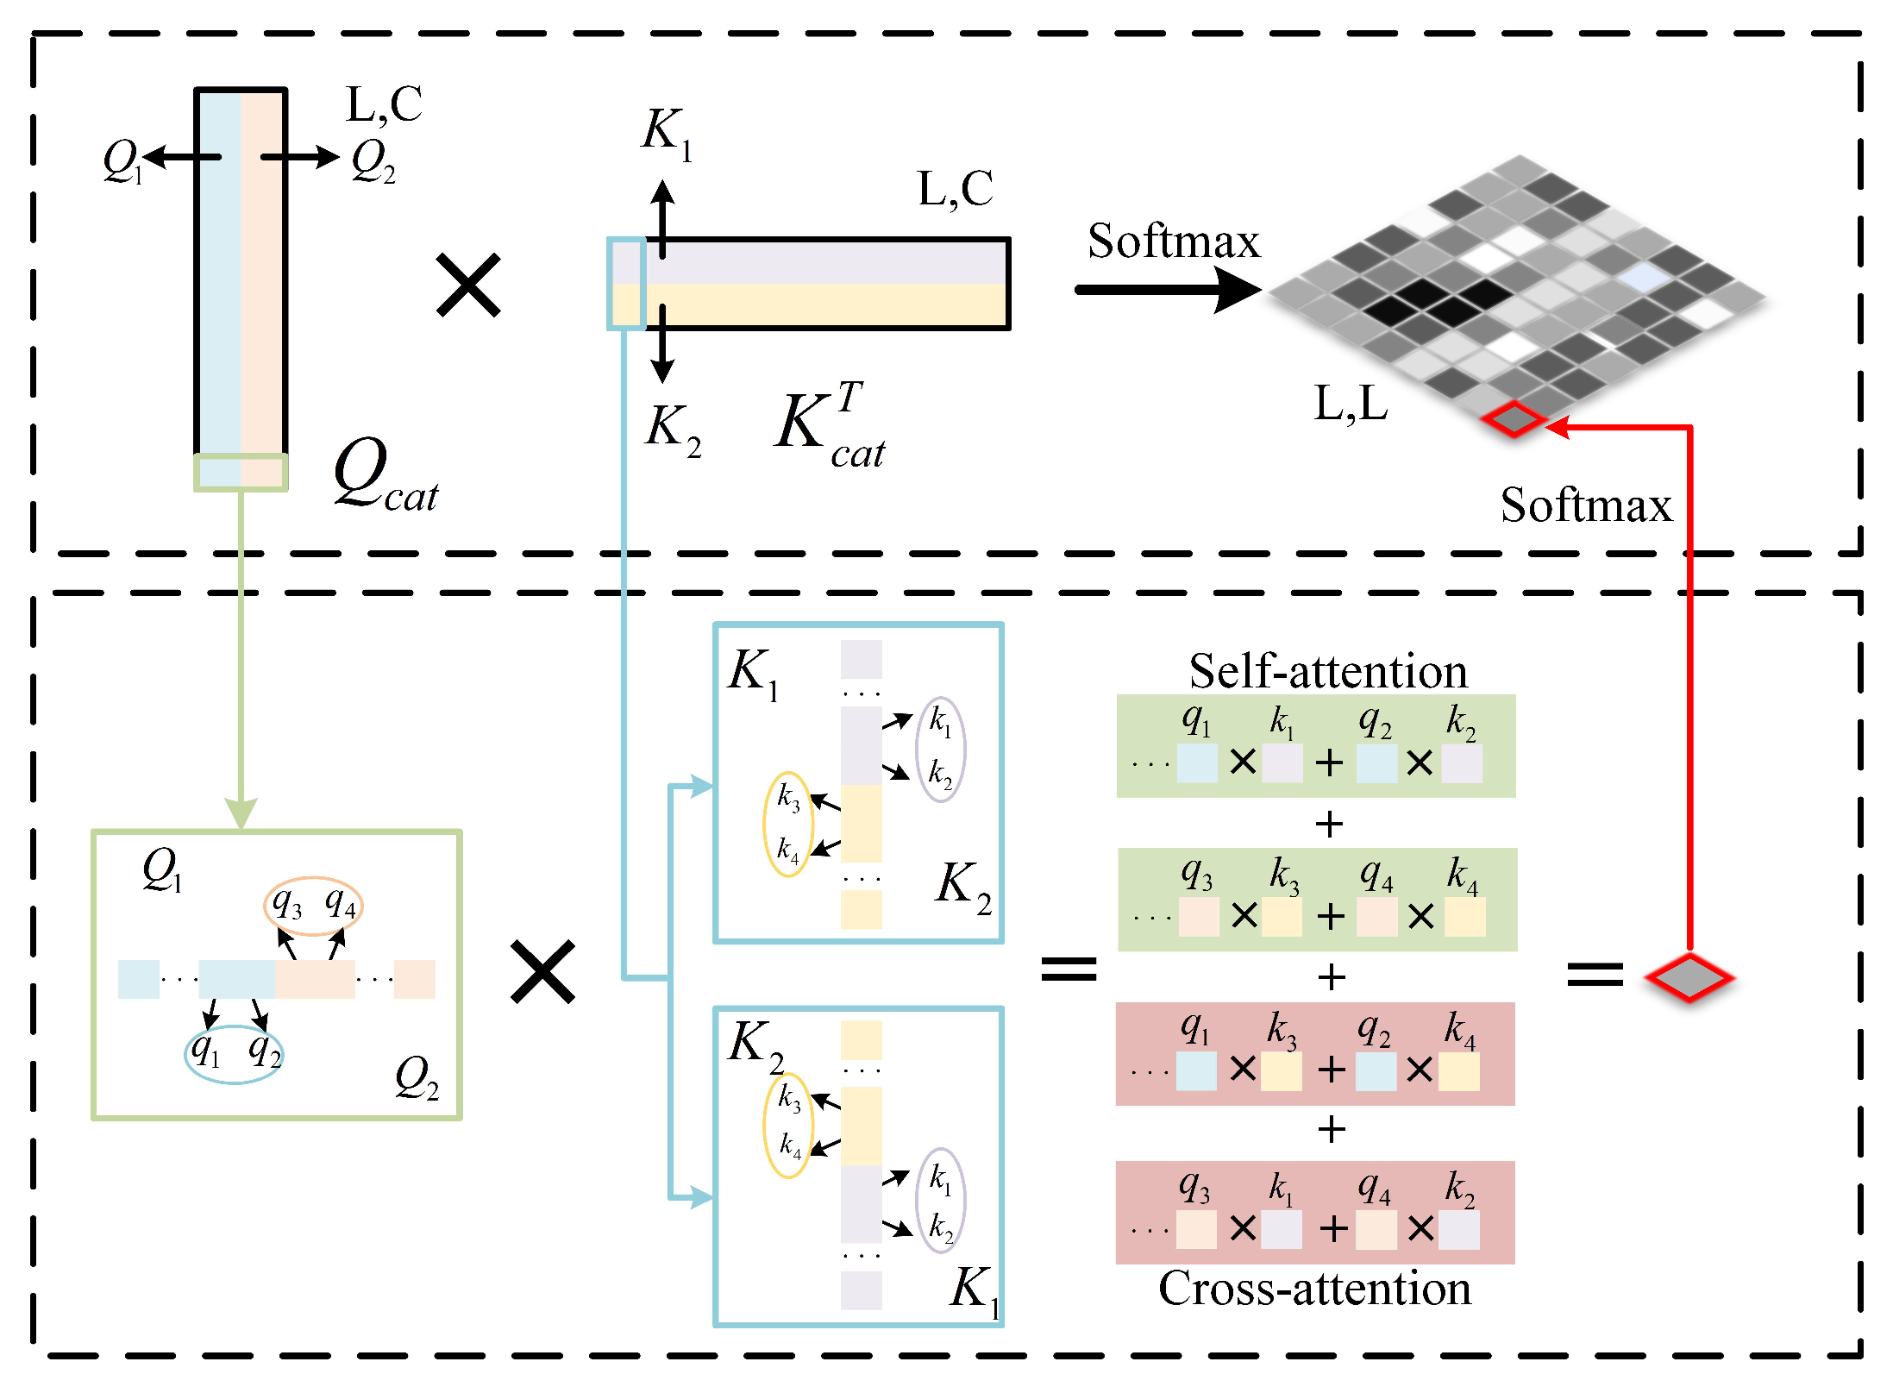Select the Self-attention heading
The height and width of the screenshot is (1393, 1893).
1327,671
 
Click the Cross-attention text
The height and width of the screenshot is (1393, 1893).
1314,1288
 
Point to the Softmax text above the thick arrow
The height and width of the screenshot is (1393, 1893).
1173,241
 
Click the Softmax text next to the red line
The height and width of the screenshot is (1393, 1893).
1585,505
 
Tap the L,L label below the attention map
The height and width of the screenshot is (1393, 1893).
1351,403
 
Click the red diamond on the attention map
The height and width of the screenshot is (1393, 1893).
1514,419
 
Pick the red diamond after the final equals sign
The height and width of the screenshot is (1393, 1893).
1689,978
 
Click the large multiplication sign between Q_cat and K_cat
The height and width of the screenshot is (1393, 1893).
468,285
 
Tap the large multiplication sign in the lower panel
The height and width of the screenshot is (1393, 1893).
542,972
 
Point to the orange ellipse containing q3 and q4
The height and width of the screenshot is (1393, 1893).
313,906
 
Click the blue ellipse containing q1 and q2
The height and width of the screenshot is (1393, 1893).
234,1053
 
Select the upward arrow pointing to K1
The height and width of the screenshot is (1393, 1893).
662,216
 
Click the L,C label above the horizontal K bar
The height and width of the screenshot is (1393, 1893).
955,189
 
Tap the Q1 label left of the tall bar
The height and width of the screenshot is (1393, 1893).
121,161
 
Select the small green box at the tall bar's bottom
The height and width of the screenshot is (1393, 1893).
241,473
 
